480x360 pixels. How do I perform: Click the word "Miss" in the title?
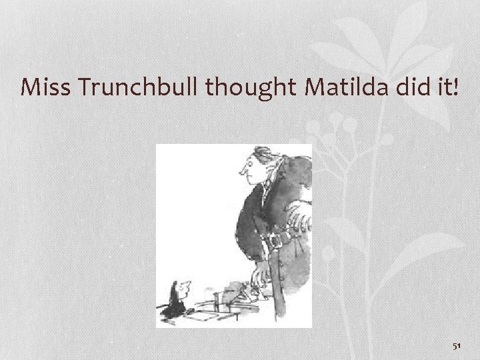pos(42,87)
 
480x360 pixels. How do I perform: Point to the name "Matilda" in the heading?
pos(331,87)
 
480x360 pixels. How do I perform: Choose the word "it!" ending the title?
pos(445,87)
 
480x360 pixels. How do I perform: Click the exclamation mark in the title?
pos(456,87)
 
